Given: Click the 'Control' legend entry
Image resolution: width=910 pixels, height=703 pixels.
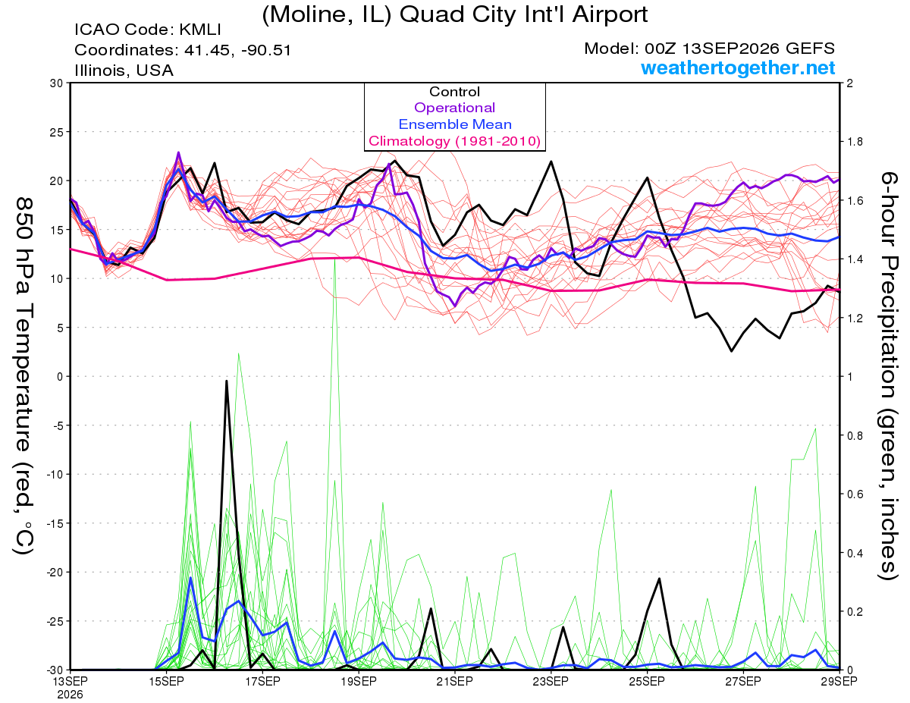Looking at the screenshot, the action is [x=454, y=92].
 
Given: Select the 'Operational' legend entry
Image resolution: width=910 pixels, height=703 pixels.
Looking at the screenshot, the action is [x=454, y=108].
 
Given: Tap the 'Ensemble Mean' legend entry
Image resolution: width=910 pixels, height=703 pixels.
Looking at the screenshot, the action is [x=455, y=124].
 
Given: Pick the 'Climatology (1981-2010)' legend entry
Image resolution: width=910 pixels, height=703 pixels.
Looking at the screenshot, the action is [x=455, y=141].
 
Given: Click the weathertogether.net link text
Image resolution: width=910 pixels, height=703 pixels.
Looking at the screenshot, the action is [x=738, y=67].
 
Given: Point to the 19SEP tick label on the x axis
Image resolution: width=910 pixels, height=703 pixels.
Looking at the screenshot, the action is [x=359, y=682].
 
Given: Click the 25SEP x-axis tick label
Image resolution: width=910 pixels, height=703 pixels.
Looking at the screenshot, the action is [x=647, y=682].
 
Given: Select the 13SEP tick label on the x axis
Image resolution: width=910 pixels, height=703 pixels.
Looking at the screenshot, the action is [x=71, y=682].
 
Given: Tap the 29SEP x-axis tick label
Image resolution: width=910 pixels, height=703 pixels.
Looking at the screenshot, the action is [x=839, y=682].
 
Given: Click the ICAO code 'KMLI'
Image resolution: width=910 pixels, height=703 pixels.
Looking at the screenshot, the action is [x=199, y=30].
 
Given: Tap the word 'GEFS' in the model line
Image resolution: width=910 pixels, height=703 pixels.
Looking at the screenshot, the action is [x=811, y=49].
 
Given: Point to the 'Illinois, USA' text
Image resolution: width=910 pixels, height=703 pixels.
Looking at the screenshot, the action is [x=124, y=71].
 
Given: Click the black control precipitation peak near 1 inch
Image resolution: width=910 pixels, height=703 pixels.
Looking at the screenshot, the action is [x=227, y=381].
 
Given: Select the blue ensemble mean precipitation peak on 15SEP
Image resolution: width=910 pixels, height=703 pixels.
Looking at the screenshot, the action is [x=190, y=578].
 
